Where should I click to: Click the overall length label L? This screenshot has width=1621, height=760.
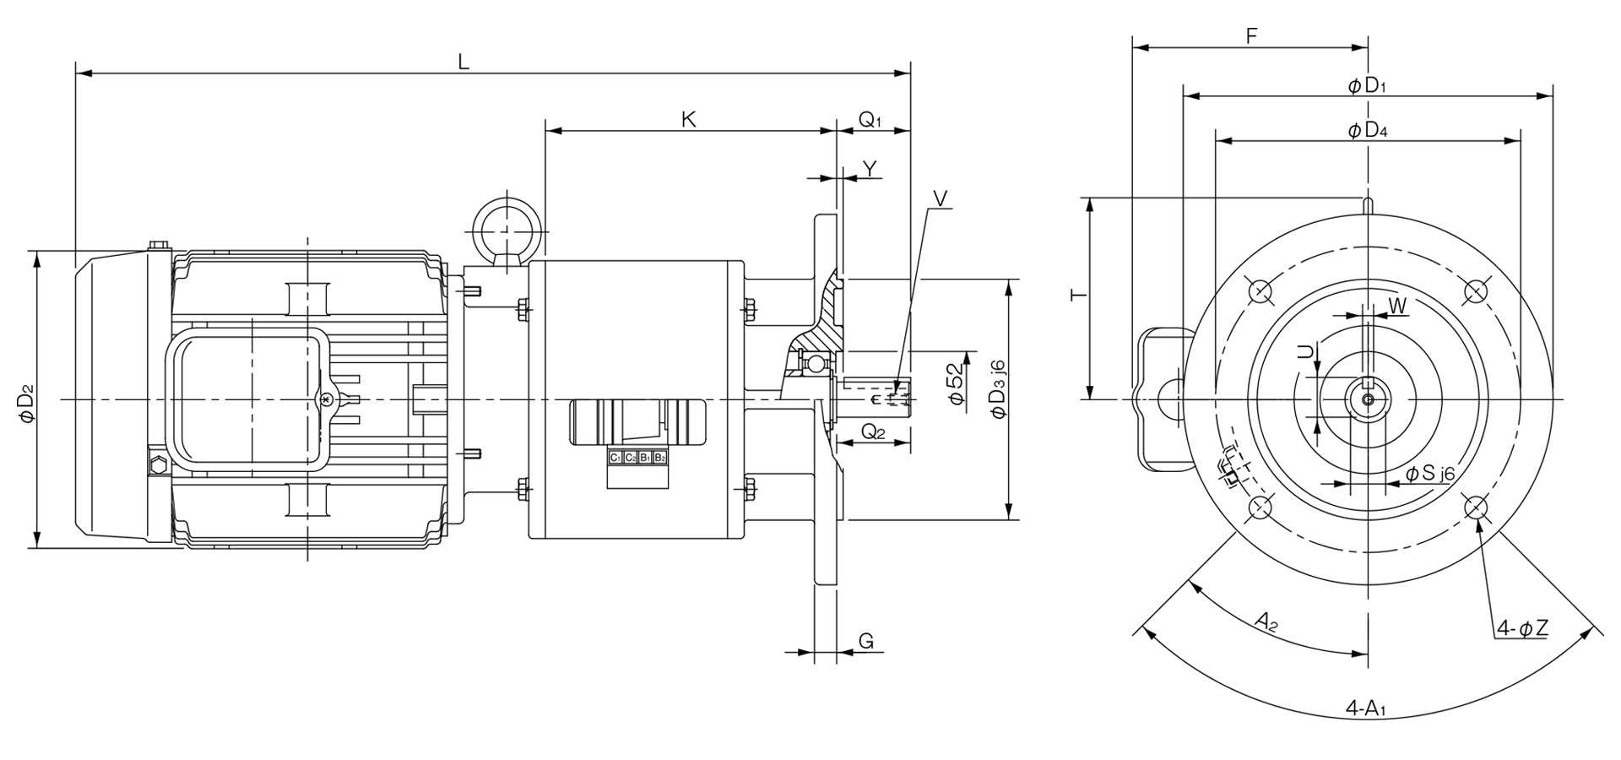point(464,61)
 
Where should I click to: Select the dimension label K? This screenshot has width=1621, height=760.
point(689,119)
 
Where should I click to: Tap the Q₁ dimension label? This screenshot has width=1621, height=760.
point(870,120)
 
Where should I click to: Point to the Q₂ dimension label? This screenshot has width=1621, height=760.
point(873,433)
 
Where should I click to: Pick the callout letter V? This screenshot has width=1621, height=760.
point(941,198)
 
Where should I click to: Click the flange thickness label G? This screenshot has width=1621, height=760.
point(866,641)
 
